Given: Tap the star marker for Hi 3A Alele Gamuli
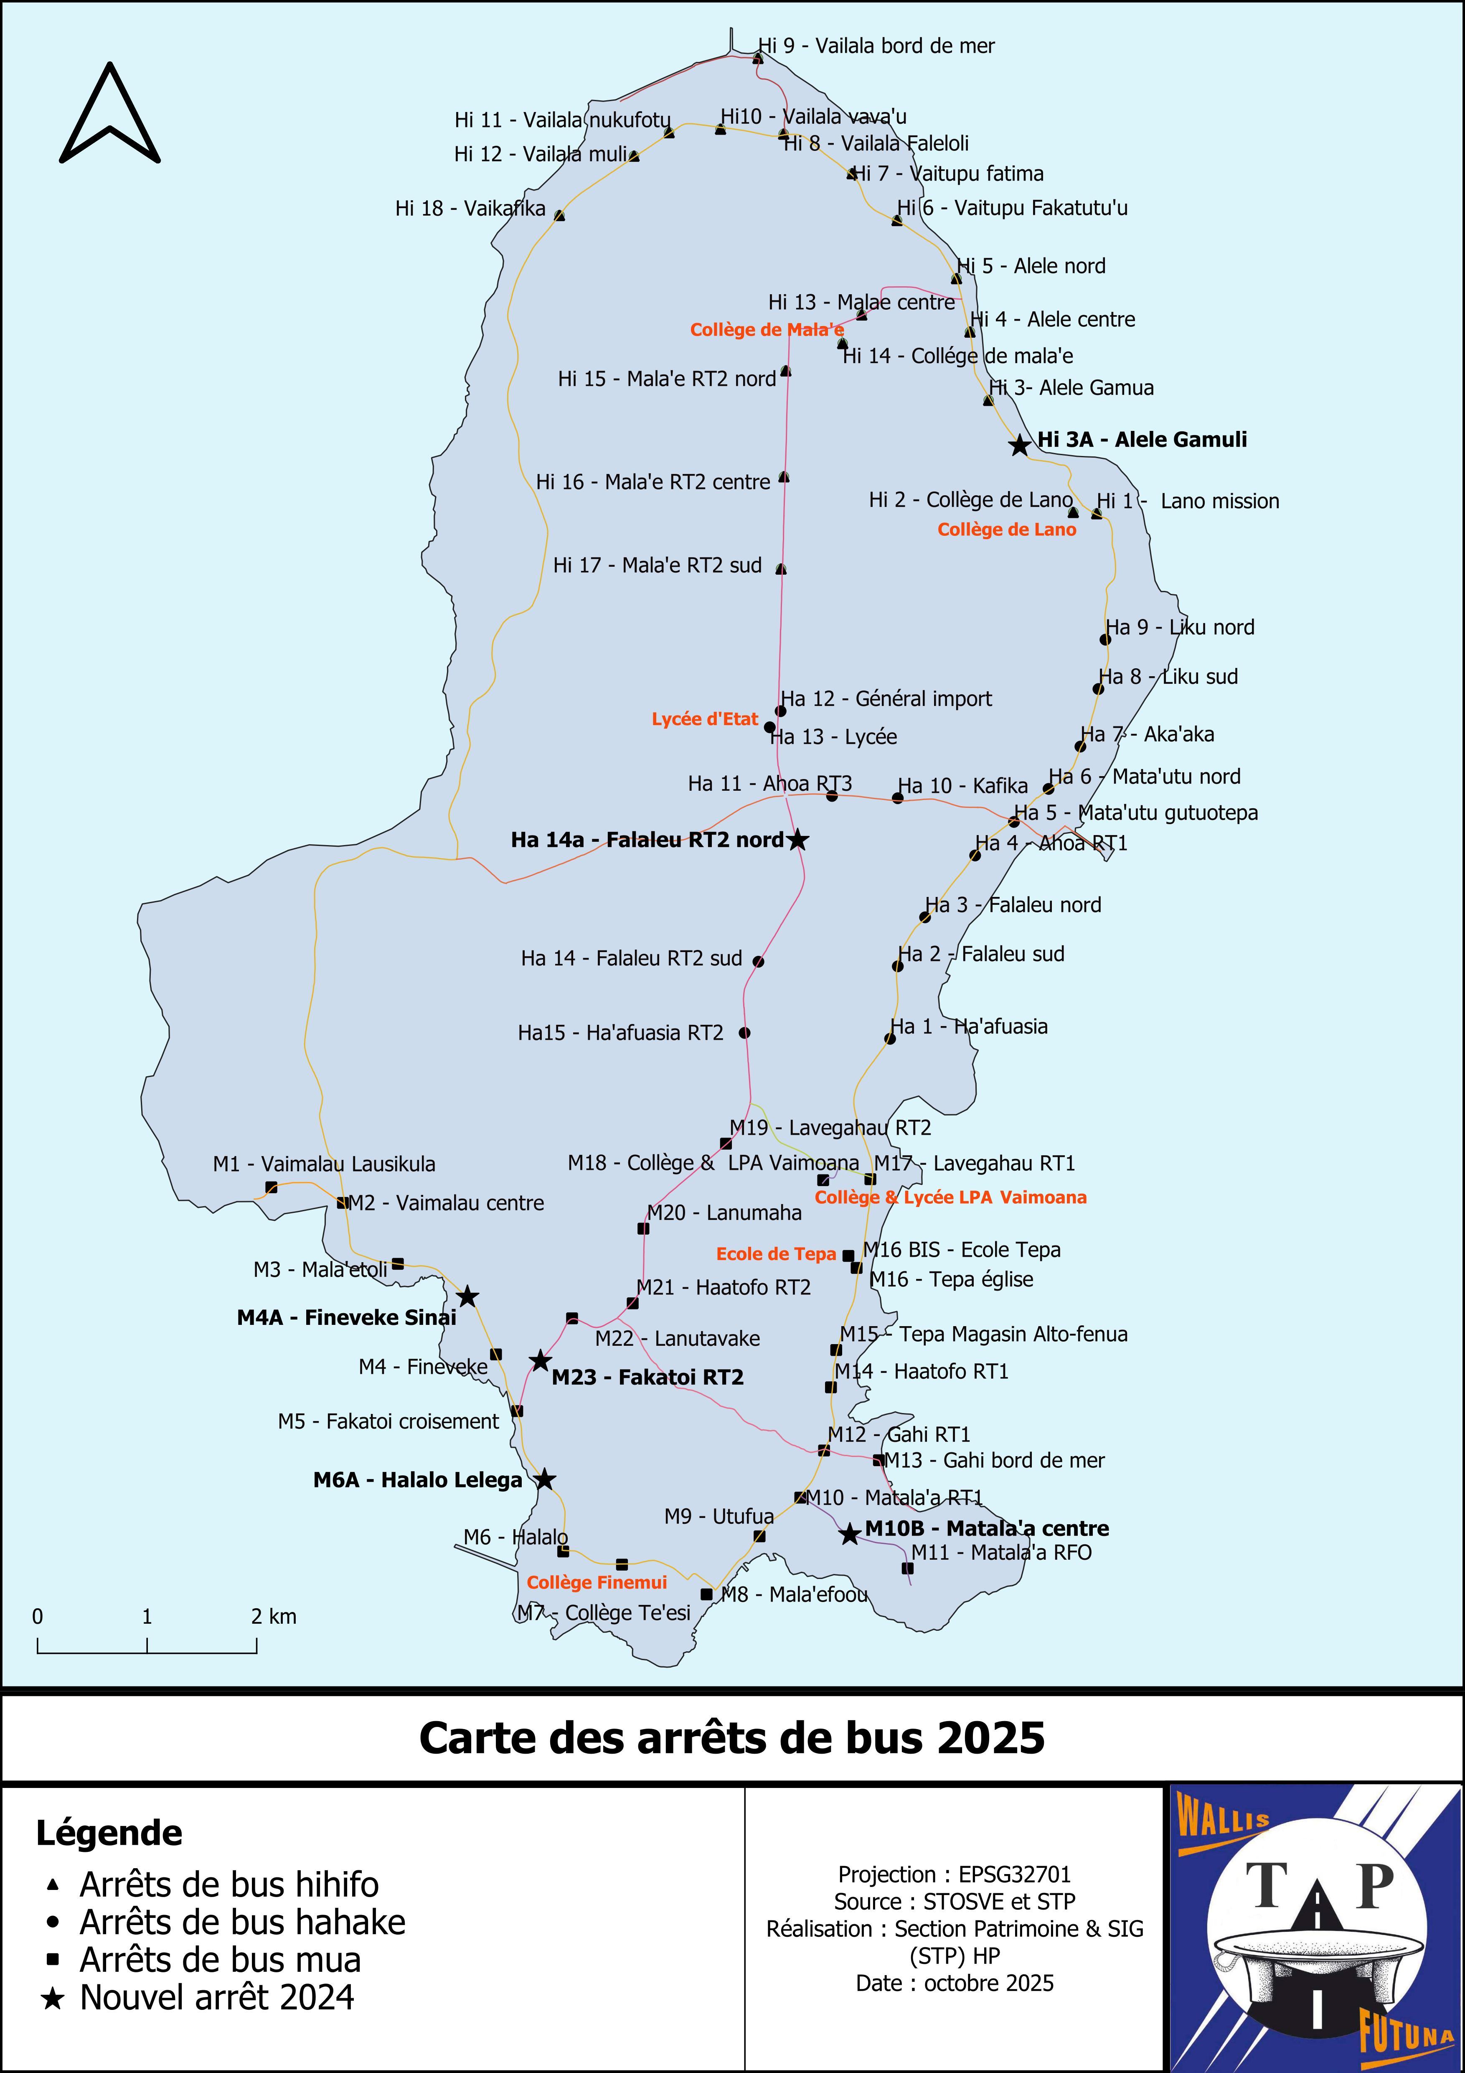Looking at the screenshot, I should tap(1019, 445).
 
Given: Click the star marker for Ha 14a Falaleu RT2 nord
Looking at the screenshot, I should tap(798, 840).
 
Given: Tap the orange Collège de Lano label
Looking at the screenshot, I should tap(1006, 530).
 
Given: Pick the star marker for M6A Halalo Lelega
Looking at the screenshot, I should tap(544, 1479).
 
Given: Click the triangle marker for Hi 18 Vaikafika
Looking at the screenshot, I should tap(560, 216).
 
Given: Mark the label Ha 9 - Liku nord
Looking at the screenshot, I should tap(1180, 627).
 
